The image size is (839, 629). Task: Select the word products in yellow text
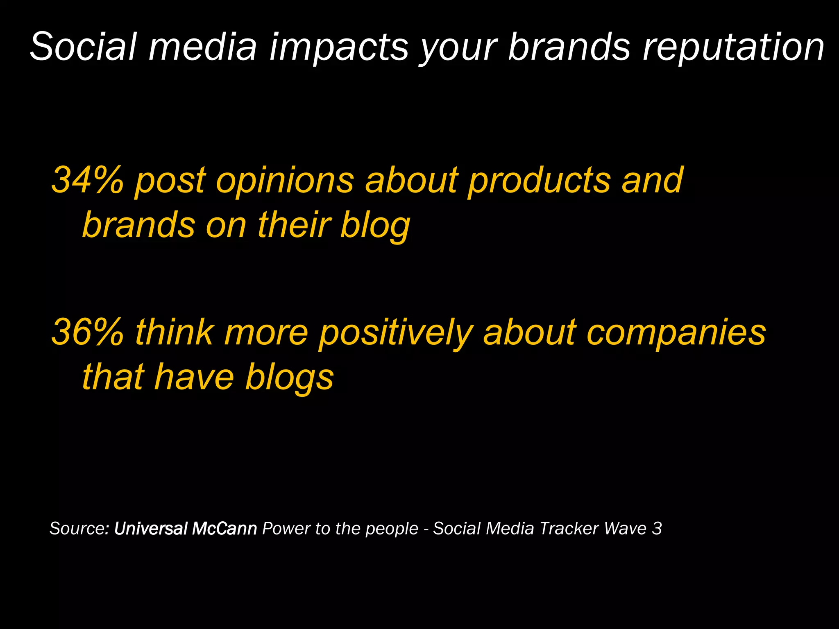pyautogui.click(x=539, y=180)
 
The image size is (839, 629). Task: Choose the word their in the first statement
pyautogui.click(x=294, y=225)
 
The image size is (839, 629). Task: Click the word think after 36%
pyautogui.click(x=174, y=332)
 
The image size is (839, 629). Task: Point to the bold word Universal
pyautogui.click(x=151, y=528)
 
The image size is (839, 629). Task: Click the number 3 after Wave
pyautogui.click(x=657, y=528)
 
